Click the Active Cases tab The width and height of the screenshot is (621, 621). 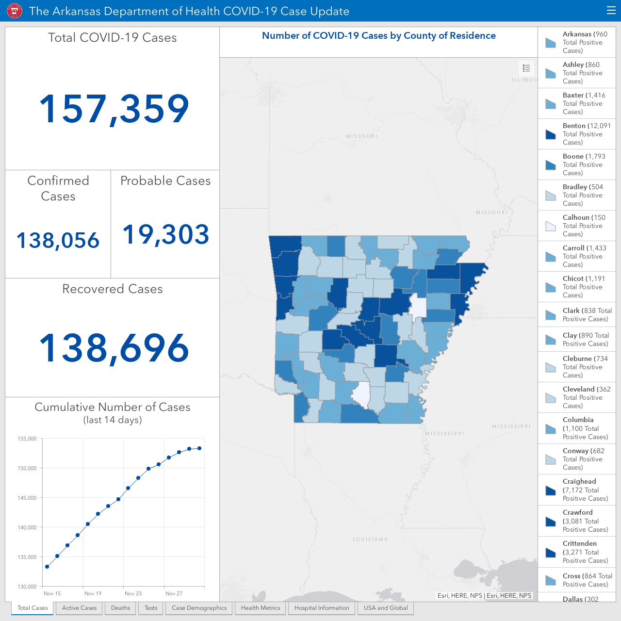pyautogui.click(x=79, y=608)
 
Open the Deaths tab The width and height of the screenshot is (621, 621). pyautogui.click(x=120, y=608)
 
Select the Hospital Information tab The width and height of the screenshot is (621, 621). pyautogui.click(x=322, y=608)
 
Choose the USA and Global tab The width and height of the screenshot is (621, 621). pyautogui.click(x=386, y=608)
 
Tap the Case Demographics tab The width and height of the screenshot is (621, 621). pyautogui.click(x=199, y=608)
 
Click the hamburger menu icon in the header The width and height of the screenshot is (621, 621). pyautogui.click(x=611, y=11)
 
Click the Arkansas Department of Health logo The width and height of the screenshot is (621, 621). pyautogui.click(x=15, y=11)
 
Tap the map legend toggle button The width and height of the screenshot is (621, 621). pyautogui.click(x=526, y=68)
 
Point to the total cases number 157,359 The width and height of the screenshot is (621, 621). pyautogui.click(x=114, y=109)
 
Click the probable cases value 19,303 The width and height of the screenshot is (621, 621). pyautogui.click(x=165, y=234)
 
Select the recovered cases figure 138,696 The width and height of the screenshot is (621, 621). pyautogui.click(x=114, y=348)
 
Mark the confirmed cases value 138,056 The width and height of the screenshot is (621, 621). pyautogui.click(x=58, y=241)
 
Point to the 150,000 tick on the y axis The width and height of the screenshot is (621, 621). pyautogui.click(x=27, y=468)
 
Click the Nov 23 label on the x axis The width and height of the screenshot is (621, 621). pyautogui.click(x=133, y=593)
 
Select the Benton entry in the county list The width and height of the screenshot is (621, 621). pyautogui.click(x=577, y=134)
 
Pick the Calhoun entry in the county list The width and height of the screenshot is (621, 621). pyautogui.click(x=577, y=226)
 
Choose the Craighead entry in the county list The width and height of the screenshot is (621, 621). pyautogui.click(x=577, y=490)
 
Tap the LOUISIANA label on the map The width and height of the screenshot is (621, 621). pyautogui.click(x=370, y=539)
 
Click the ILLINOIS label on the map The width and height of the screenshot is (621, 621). pyautogui.click(x=524, y=80)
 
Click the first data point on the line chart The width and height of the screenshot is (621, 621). pyautogui.click(x=47, y=567)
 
